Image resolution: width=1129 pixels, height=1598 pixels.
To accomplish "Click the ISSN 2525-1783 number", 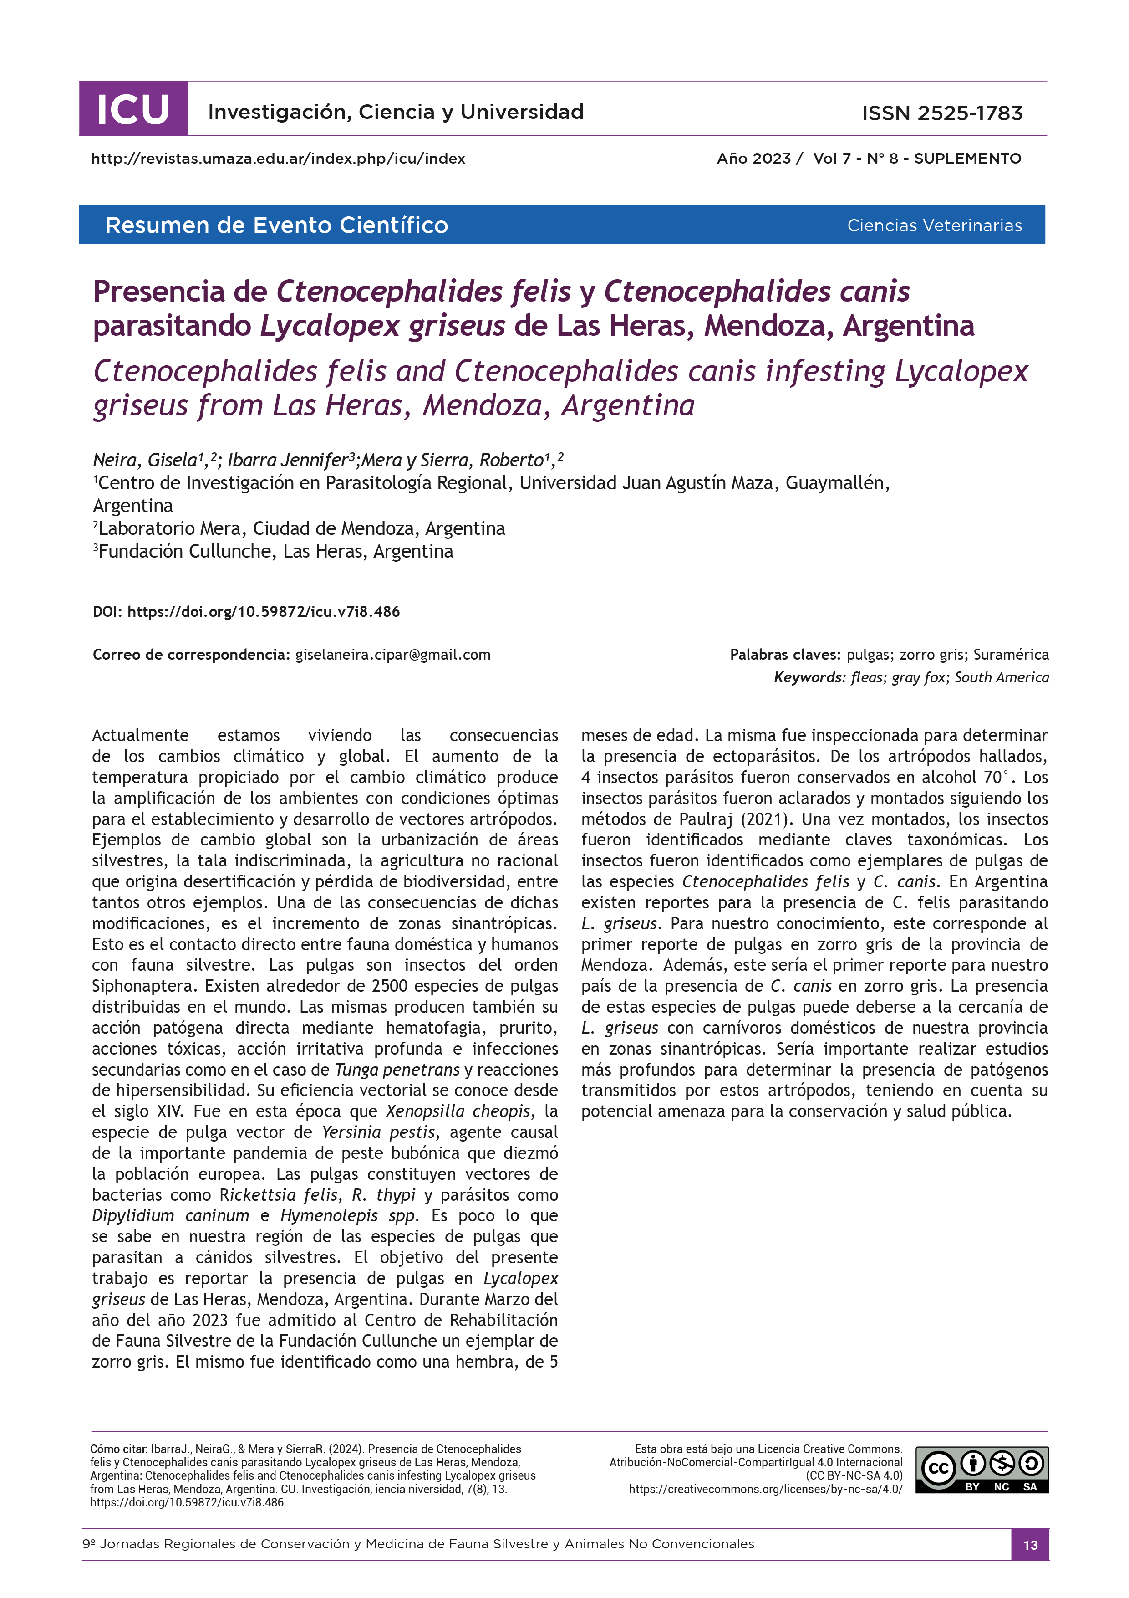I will (x=942, y=113).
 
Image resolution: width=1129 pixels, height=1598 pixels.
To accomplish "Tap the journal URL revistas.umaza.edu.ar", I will (x=278, y=159).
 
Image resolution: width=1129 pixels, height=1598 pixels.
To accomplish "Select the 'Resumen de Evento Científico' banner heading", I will (x=276, y=225).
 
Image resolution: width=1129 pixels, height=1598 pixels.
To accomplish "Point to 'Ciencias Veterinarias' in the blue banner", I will (x=934, y=225).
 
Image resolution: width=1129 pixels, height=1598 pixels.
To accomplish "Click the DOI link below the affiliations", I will (x=263, y=612).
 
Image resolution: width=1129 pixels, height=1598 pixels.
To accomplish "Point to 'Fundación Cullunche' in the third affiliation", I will (x=187, y=551).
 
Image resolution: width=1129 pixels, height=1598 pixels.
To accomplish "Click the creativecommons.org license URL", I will (x=765, y=1490).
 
